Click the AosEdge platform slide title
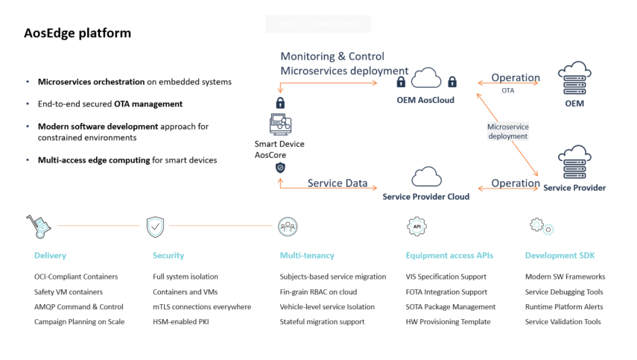[x=77, y=34]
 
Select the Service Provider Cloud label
[x=425, y=197]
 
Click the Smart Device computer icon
[x=280, y=124]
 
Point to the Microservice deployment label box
[x=507, y=132]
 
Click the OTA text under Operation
[x=507, y=90]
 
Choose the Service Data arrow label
[x=336, y=183]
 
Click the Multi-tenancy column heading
[x=307, y=256]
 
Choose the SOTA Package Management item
[x=450, y=307]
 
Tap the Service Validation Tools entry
[x=562, y=322]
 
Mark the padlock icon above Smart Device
[x=280, y=103]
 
